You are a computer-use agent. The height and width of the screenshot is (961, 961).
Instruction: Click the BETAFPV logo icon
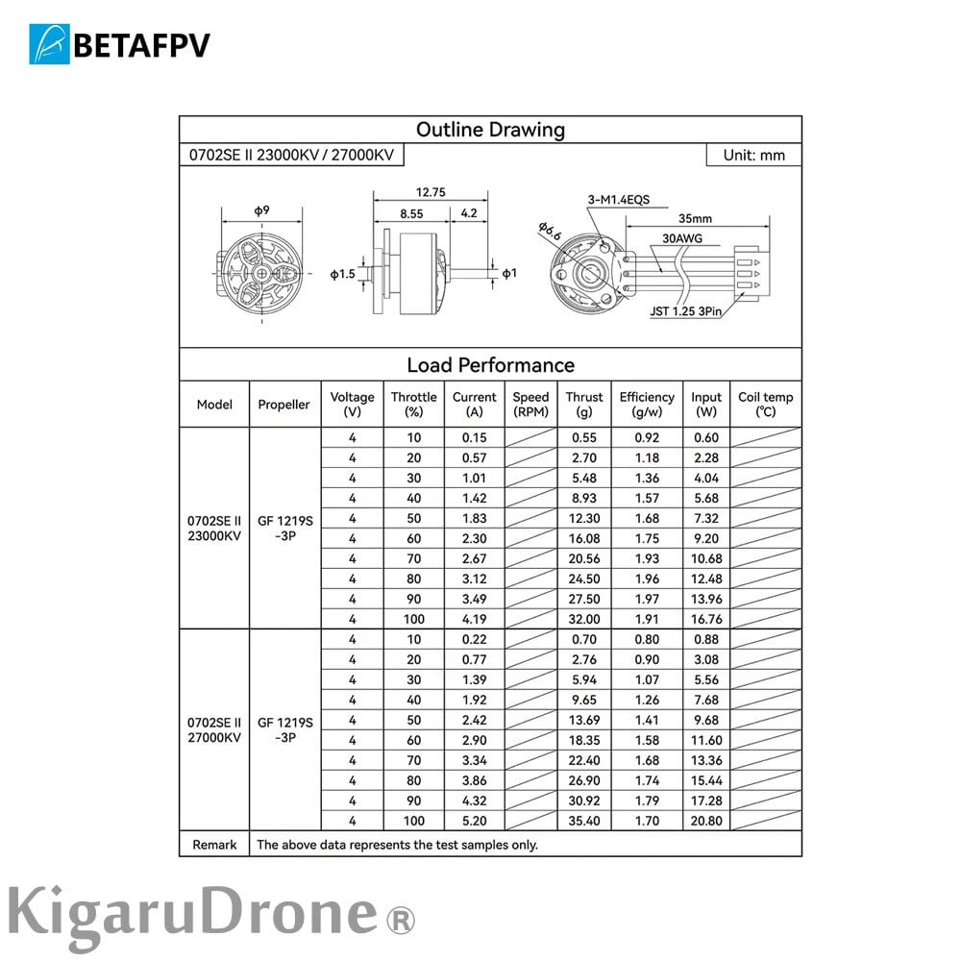coord(50,44)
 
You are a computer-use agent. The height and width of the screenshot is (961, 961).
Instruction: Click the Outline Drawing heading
coord(490,130)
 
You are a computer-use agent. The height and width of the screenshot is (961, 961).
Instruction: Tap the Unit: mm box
coord(752,155)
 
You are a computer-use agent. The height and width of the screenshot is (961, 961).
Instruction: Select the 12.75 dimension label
coord(430,191)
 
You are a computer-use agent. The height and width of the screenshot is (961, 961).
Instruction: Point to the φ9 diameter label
coord(261,210)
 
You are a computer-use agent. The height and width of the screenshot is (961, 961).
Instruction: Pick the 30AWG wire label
coord(681,236)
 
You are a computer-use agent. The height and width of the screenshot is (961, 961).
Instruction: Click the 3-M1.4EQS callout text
coord(619,200)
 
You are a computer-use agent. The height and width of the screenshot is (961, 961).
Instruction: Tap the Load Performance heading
coord(490,365)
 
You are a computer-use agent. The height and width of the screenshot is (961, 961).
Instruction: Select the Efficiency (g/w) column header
coord(647,404)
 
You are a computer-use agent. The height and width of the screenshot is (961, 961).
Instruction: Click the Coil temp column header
coord(766,404)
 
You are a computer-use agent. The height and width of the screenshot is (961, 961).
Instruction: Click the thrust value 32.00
coord(583,619)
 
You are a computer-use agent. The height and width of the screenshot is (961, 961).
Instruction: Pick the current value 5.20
coord(475,821)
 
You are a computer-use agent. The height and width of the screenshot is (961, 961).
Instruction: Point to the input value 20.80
coord(706,821)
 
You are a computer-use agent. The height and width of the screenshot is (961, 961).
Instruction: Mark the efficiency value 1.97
coord(647,599)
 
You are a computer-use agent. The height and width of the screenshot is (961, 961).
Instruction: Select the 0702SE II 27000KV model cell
coord(214,729)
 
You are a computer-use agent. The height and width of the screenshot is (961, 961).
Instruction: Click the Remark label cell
coord(214,845)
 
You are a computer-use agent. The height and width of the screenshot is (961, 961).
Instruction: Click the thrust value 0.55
coord(583,437)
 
